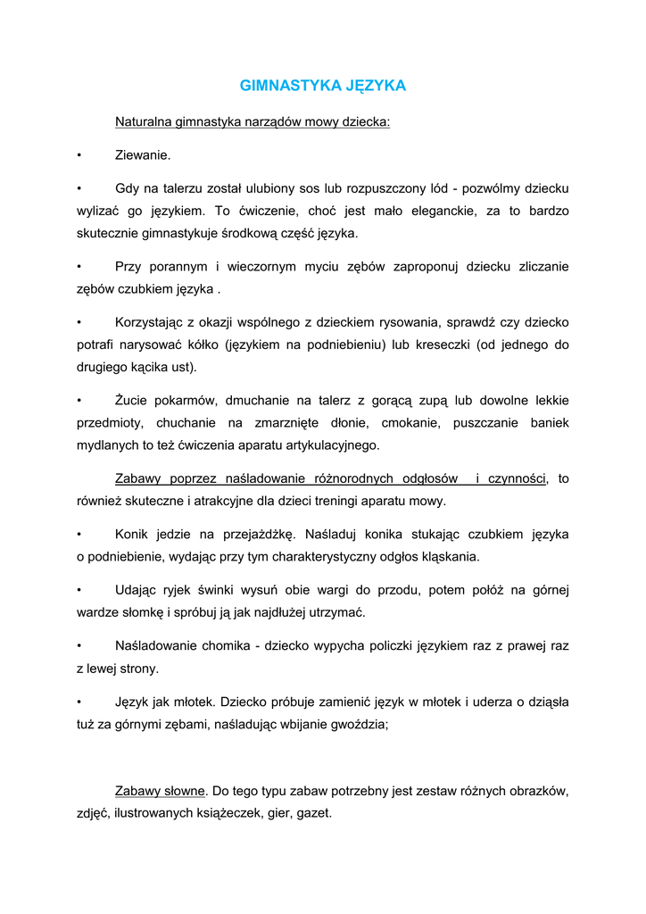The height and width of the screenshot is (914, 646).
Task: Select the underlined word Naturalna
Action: [x=144, y=121]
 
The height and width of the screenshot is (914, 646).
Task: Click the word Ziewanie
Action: [x=143, y=155]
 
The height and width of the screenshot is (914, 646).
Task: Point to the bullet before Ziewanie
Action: [x=79, y=155]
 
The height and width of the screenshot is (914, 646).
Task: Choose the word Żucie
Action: [x=132, y=401]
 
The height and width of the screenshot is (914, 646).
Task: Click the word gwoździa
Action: [x=359, y=724]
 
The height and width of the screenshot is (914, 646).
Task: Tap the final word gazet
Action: [x=315, y=813]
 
